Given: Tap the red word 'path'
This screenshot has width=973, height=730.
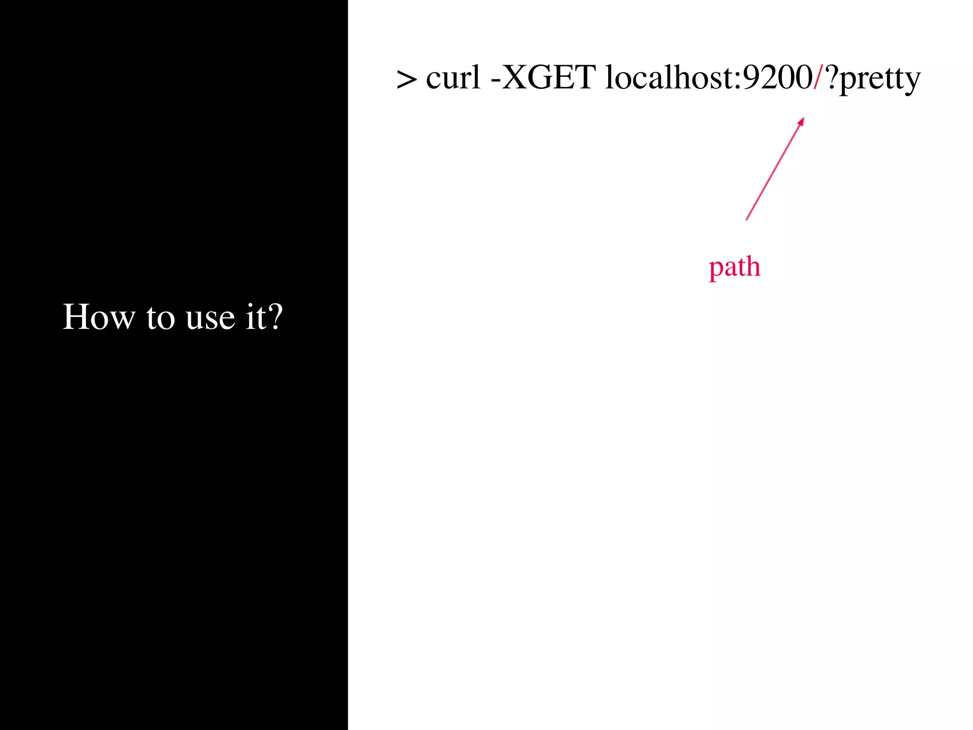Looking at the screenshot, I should [735, 267].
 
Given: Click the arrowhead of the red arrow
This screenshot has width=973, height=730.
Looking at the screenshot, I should [801, 121].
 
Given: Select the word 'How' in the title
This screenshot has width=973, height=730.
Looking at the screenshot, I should [99, 317].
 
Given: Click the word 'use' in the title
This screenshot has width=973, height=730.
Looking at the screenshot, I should [210, 318].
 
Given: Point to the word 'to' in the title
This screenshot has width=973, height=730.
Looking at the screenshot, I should [161, 318].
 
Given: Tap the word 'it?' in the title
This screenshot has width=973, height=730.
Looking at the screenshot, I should [264, 317].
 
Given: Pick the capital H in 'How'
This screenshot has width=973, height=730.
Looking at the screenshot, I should [76, 317].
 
